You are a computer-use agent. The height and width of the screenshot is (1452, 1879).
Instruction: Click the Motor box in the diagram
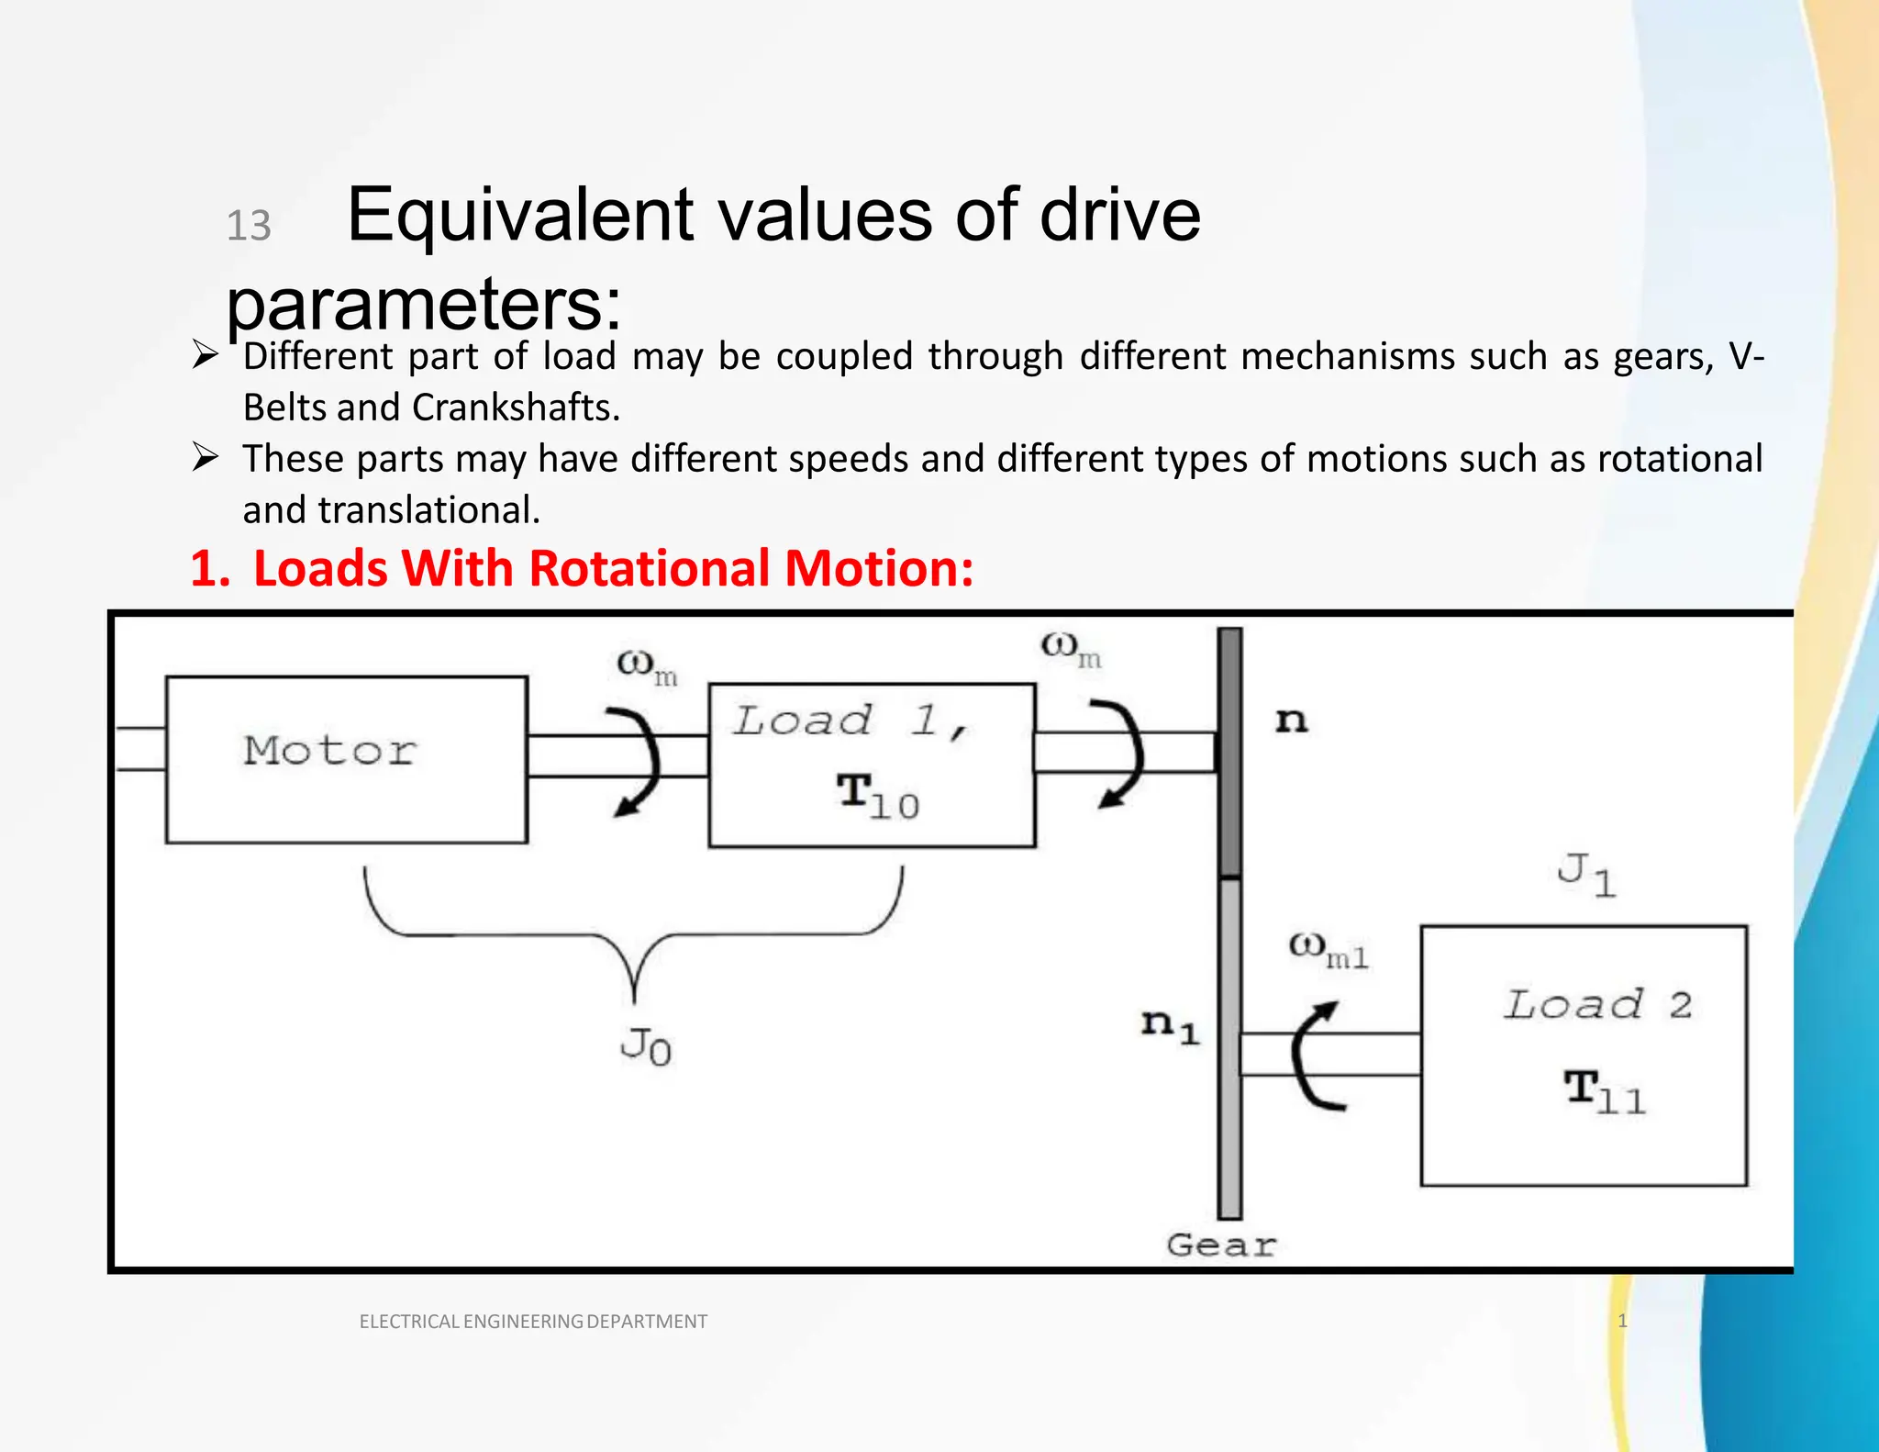click(x=346, y=759)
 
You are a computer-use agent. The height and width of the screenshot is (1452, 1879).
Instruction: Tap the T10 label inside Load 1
click(x=876, y=797)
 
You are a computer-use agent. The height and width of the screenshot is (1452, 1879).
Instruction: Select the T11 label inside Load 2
click(x=1605, y=1093)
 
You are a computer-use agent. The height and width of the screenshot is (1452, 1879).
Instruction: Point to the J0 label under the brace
click(x=645, y=1046)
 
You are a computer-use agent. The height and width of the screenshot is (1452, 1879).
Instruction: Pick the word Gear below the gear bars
click(x=1220, y=1245)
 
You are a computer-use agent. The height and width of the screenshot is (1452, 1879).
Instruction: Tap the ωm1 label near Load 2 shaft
click(x=1328, y=950)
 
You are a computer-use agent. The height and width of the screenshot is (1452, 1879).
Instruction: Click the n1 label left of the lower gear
click(x=1170, y=1025)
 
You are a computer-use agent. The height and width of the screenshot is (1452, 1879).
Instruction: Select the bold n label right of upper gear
click(x=1291, y=721)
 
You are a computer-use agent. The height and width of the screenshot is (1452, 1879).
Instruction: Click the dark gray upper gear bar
click(x=1229, y=753)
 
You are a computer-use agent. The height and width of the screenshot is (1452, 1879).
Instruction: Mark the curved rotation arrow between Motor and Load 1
click(x=639, y=762)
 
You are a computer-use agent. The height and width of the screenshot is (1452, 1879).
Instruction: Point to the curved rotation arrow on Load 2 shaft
click(x=1312, y=1055)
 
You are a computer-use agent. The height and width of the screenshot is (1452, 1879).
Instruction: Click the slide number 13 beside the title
click(x=249, y=226)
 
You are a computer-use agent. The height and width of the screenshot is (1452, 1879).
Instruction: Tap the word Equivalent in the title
click(x=519, y=216)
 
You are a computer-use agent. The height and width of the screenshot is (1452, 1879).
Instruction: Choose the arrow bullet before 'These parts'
click(x=205, y=456)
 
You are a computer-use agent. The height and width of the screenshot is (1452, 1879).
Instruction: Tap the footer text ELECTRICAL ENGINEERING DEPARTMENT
click(x=533, y=1322)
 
